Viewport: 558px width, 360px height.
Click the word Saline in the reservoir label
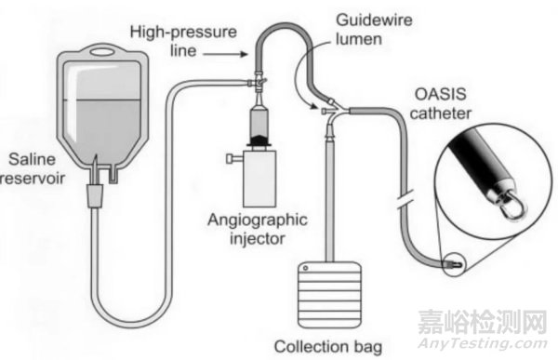coord(32,159)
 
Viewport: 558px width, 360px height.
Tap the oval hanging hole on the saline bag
coord(103,52)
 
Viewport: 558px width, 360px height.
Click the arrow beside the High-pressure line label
coord(225,54)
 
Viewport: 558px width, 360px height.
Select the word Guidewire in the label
coord(375,20)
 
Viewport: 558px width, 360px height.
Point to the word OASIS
coord(441,94)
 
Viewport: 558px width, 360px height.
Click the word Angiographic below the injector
coord(258,220)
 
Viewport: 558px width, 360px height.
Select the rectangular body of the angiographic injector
coord(259,179)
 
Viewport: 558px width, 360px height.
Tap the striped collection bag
coord(329,295)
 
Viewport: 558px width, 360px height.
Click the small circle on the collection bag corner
coord(305,268)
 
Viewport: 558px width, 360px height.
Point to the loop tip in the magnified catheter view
coord(514,209)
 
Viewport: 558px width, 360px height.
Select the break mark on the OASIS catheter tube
coord(405,200)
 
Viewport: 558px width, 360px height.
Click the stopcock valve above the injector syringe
coord(259,83)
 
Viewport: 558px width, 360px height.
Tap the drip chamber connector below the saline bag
coord(96,195)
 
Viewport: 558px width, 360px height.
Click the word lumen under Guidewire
coord(359,39)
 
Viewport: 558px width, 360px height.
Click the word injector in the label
coord(258,238)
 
